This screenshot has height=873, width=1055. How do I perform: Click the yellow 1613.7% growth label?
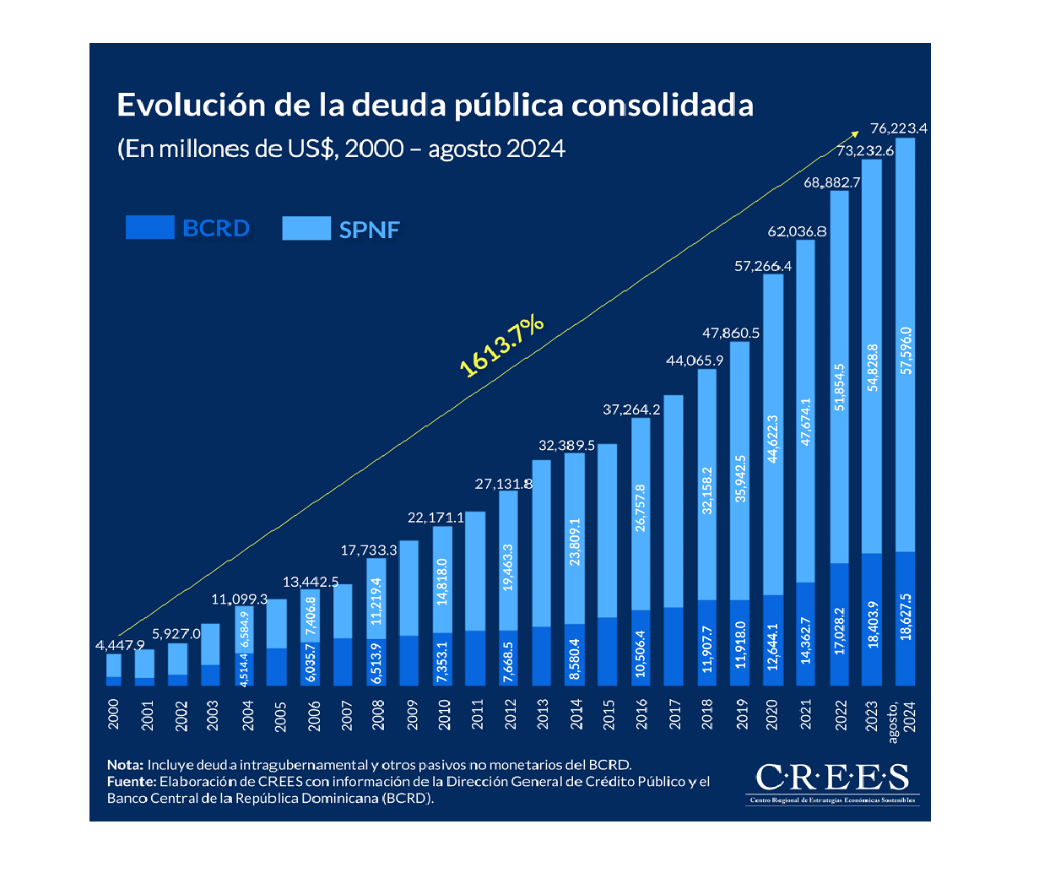pyautogui.click(x=501, y=344)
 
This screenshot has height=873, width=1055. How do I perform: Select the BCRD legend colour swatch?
pyautogui.click(x=149, y=227)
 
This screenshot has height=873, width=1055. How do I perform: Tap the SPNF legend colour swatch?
pyautogui.click(x=306, y=228)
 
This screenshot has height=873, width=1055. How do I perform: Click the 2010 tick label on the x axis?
pyautogui.click(x=444, y=714)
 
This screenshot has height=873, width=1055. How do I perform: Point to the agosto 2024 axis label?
pyautogui.click(x=901, y=716)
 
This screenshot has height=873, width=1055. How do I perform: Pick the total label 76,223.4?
pyautogui.click(x=898, y=128)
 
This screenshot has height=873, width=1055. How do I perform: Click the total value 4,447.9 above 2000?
pyautogui.click(x=120, y=645)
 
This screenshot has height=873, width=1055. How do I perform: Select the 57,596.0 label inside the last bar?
pyautogui.click(x=906, y=350)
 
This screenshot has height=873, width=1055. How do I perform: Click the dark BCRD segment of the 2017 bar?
pyautogui.click(x=674, y=646)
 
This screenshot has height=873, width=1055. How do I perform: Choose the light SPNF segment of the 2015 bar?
pyautogui.click(x=608, y=530)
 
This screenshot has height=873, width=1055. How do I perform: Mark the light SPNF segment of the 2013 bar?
pyautogui.click(x=542, y=543)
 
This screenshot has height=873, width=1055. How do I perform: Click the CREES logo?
pyautogui.click(x=832, y=778)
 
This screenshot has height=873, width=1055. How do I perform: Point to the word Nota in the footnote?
pyautogui.click(x=125, y=765)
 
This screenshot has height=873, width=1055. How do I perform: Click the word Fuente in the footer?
pyautogui.click(x=132, y=782)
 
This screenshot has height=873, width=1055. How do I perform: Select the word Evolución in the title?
pyautogui.click(x=191, y=105)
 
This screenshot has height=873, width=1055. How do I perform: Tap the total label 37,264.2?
pyautogui.click(x=631, y=409)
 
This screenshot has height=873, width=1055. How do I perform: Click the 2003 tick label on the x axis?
pyautogui.click(x=213, y=714)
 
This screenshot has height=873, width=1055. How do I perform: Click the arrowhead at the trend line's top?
pyautogui.click(x=856, y=131)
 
